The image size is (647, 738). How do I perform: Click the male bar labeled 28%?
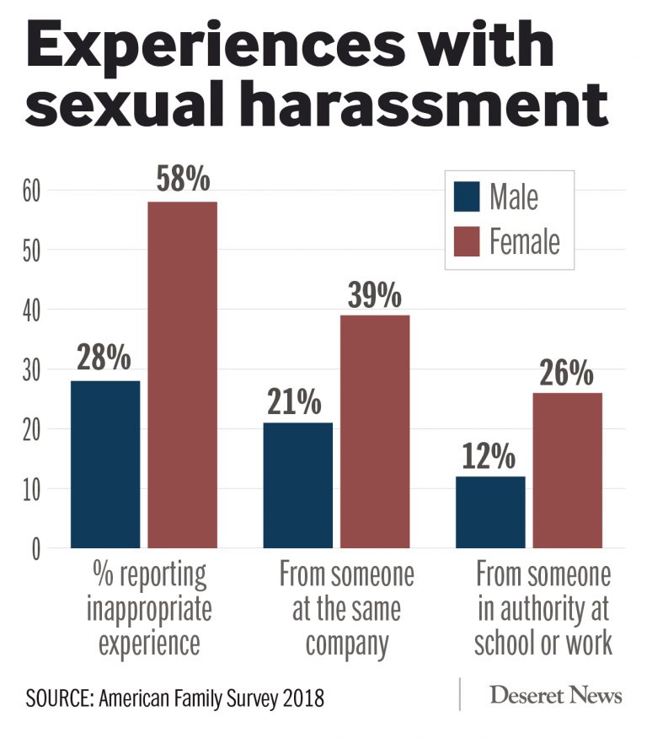[105, 464]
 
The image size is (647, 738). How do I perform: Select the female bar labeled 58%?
[183, 375]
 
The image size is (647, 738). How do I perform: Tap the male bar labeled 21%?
[297, 485]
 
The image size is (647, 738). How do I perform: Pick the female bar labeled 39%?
[375, 432]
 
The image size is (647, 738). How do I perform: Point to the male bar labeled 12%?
[490, 512]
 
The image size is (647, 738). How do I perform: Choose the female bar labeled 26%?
[567, 470]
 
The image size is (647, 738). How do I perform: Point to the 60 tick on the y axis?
[31, 191]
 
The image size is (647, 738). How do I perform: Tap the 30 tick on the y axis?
[31, 369]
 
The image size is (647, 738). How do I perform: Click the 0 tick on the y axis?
[36, 549]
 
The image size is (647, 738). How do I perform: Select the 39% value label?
[375, 295]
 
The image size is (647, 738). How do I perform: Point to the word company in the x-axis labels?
[347, 644]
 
